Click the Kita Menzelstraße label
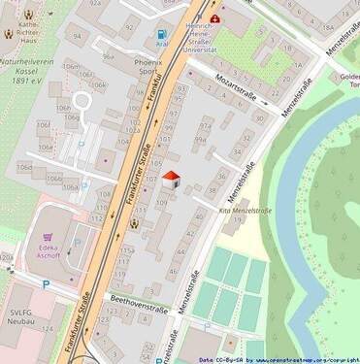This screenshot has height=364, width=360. pyautogui.click(x=245, y=210)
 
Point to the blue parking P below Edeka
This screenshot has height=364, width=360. pyautogui.click(x=45, y=284)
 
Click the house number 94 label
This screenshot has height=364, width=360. pyautogui.click(x=76, y=39)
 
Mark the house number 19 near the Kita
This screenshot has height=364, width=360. pyautogui.click(x=238, y=221)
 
